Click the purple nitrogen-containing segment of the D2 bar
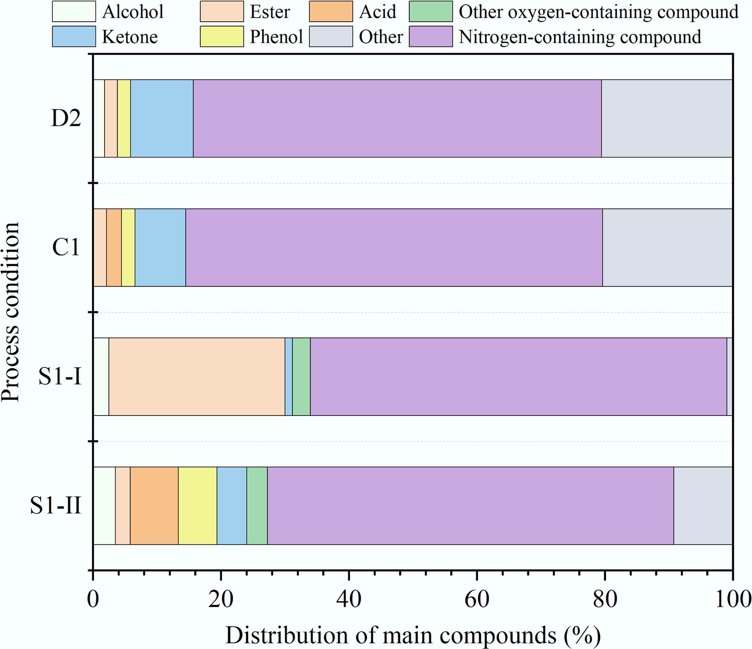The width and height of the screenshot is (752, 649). click(397, 118)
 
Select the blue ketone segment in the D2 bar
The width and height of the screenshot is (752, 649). click(162, 118)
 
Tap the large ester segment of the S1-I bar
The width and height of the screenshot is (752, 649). click(197, 377)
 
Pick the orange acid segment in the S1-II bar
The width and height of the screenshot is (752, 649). click(154, 505)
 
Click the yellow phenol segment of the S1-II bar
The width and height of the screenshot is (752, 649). click(197, 505)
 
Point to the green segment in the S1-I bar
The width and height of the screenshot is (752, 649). click(301, 377)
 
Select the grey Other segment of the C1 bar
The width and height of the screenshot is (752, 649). click(667, 247)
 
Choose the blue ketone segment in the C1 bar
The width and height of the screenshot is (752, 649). click(160, 247)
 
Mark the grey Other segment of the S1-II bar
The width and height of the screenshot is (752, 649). click(703, 505)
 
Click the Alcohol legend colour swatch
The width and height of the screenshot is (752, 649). click(74, 12)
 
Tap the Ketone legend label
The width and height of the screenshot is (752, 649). click(130, 37)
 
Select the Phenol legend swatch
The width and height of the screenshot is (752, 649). click(222, 37)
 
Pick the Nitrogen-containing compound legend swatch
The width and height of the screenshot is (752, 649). click(431, 37)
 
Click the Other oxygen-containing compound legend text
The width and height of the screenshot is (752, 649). click(598, 12)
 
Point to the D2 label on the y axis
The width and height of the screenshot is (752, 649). click(66, 118)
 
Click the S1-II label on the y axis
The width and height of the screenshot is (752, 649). click(56, 505)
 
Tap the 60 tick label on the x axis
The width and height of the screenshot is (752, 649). click(477, 598)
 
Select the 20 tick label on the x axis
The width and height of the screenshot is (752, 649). click(221, 598)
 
